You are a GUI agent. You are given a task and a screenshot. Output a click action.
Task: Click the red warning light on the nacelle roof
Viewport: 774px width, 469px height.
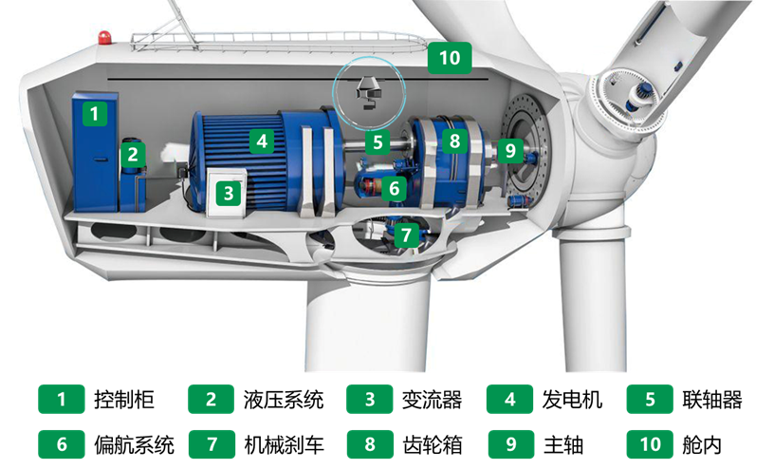[x=104, y=38]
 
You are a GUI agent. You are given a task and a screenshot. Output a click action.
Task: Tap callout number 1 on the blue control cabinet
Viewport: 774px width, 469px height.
[x=94, y=114]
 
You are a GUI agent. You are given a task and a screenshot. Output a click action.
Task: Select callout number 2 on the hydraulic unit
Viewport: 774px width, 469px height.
[x=133, y=154]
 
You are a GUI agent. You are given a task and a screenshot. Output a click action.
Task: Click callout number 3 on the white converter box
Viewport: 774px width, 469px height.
[x=229, y=194]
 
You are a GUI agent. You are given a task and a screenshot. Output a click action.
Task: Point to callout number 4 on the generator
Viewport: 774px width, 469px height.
[x=262, y=141]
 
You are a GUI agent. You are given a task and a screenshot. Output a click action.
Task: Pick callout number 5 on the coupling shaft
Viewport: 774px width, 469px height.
[x=378, y=142]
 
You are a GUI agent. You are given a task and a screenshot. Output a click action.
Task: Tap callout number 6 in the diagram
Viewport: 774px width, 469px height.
[x=394, y=188]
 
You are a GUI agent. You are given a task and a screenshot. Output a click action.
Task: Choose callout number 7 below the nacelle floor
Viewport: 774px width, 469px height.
[x=406, y=235]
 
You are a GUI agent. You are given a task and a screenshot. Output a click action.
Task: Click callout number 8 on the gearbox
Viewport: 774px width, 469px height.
[x=454, y=141]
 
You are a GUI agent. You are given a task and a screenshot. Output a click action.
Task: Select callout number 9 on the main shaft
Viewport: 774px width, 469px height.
[x=510, y=150]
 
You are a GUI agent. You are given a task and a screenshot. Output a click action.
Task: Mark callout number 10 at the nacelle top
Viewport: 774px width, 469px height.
[x=450, y=58]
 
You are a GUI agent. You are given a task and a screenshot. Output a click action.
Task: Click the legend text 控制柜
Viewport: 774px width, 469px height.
[x=124, y=400]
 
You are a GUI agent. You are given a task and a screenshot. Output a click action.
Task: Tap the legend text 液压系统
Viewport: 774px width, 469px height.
[x=284, y=400]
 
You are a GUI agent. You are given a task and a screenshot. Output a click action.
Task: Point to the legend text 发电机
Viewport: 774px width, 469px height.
[x=572, y=400]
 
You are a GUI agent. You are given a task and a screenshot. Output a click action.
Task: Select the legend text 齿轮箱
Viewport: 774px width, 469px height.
[x=433, y=444]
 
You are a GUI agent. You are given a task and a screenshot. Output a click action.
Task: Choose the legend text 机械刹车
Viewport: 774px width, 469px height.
[x=285, y=444]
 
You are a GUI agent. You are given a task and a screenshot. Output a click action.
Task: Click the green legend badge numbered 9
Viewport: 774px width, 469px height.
[x=511, y=444]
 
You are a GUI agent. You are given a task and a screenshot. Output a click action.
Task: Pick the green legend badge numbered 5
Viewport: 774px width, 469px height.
[x=650, y=400]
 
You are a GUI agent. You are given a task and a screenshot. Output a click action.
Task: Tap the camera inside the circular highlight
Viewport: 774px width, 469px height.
[x=368, y=93]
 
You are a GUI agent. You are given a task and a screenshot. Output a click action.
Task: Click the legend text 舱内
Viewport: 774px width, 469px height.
[x=702, y=444]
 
